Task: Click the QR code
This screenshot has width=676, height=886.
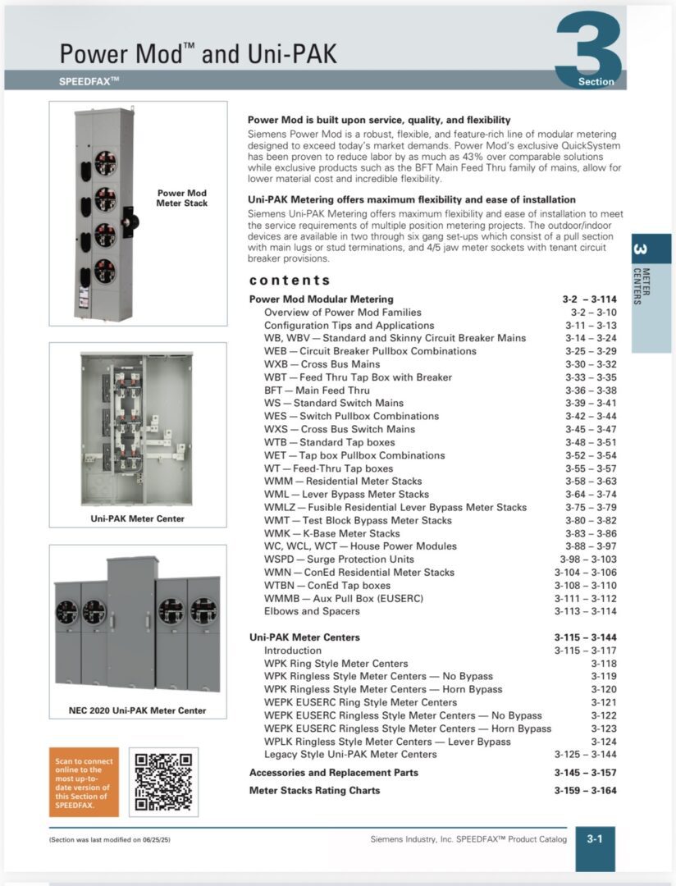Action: coord(162,781)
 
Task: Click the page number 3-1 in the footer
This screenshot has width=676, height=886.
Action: coord(595,838)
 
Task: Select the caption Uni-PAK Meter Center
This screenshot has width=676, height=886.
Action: coord(137,518)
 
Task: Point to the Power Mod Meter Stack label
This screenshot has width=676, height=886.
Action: coord(182,199)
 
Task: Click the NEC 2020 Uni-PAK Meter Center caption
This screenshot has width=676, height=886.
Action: coord(137,710)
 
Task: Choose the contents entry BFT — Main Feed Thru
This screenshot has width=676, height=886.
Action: coord(317,390)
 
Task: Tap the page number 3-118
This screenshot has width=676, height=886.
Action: coord(603,664)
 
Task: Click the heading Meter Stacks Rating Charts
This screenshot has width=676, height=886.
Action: coord(315,791)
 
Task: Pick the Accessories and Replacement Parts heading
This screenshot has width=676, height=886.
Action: coord(333,773)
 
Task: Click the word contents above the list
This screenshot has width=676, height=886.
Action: coord(290,280)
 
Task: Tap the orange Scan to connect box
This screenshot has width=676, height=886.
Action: coord(83,781)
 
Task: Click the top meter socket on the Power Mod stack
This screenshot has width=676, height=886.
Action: coord(105,162)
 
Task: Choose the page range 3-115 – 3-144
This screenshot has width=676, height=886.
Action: coord(585,637)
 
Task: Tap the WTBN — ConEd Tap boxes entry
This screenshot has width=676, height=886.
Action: coord(327,586)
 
